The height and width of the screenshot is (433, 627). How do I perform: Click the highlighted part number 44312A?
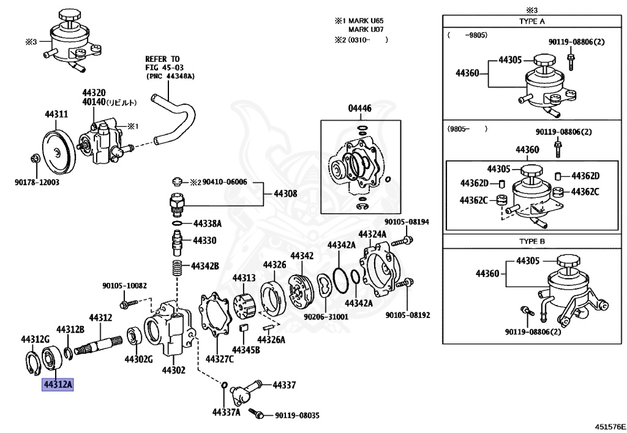[x=58, y=385]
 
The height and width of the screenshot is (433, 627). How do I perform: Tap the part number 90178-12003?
[x=37, y=183]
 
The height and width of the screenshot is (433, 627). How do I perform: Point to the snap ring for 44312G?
[x=32, y=362]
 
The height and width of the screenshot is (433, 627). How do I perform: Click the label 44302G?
[x=138, y=359]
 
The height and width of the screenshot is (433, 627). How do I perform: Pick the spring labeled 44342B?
[x=176, y=268]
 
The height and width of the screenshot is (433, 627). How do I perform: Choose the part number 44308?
[x=285, y=194]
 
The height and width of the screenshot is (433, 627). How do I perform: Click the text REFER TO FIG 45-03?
[x=162, y=63]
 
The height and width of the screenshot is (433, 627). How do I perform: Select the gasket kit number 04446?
[x=359, y=108]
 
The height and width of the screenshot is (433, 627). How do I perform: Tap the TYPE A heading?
[x=532, y=21]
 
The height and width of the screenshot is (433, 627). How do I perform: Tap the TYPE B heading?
[x=532, y=241]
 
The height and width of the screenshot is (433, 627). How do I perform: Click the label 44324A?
[x=372, y=234]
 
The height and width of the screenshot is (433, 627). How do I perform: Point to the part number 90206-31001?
[x=326, y=317]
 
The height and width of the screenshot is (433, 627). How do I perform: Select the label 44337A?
[x=227, y=412]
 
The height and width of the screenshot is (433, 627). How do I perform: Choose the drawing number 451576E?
[x=610, y=427]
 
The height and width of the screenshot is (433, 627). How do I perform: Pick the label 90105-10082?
[x=124, y=286]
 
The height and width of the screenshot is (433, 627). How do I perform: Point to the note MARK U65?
[x=366, y=21]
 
